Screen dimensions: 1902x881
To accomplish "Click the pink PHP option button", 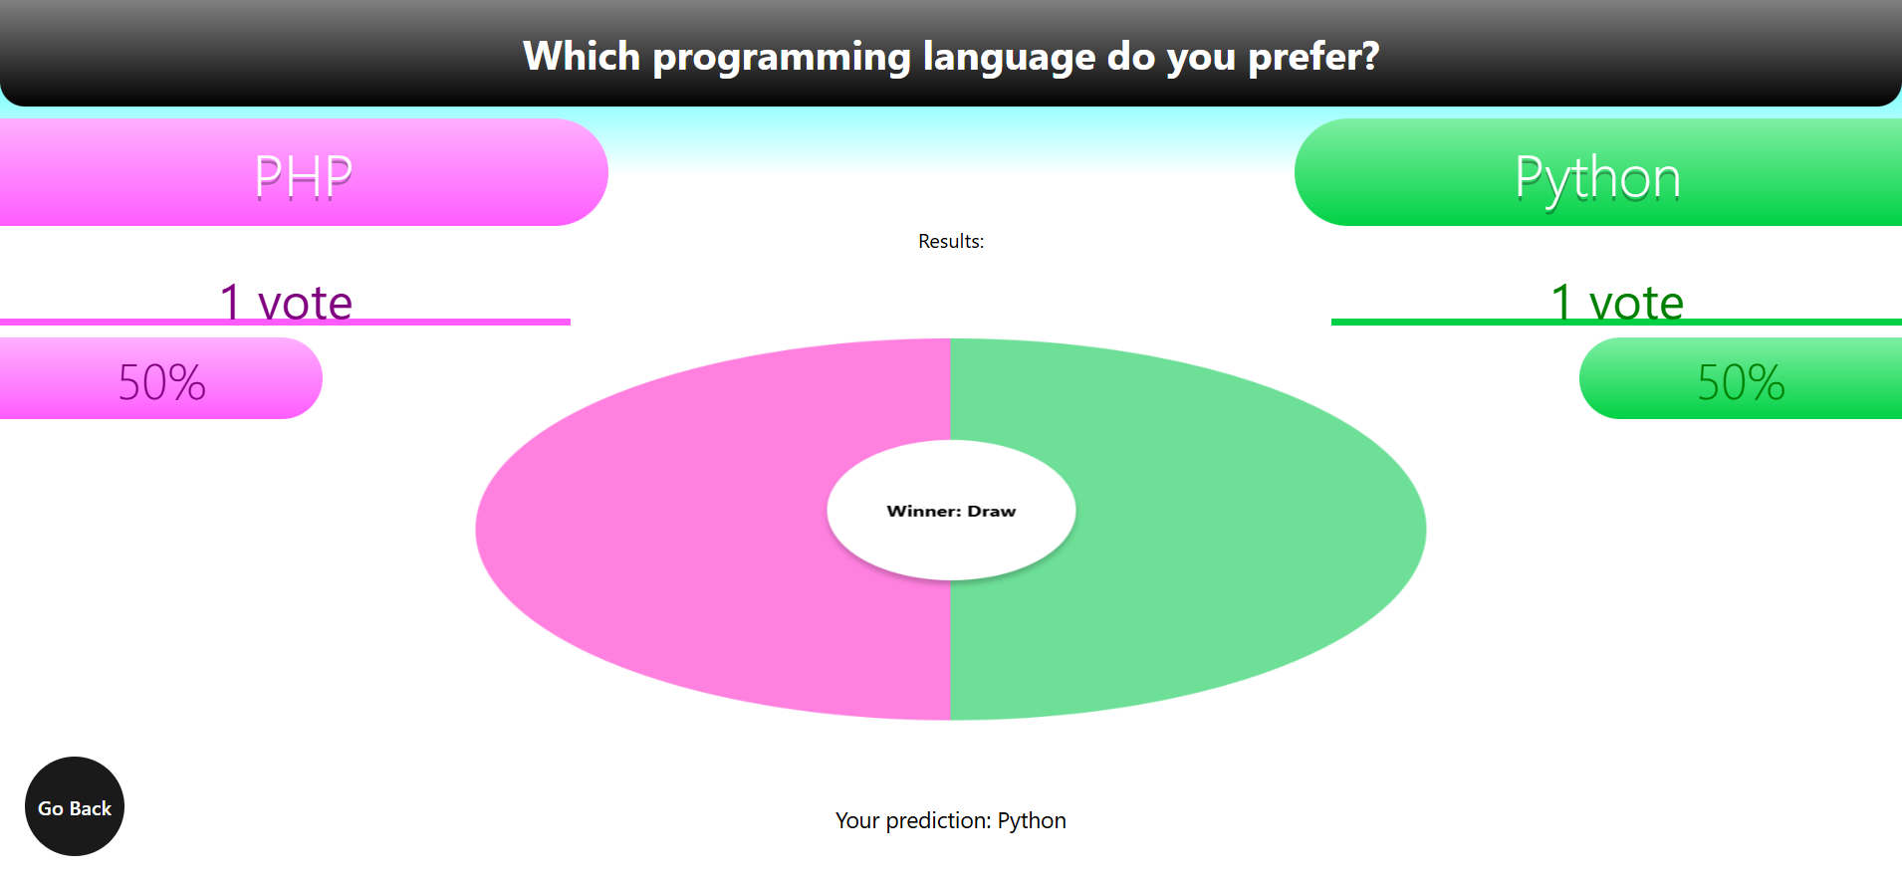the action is point(304,172).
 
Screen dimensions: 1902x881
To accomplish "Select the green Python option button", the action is point(1598,172).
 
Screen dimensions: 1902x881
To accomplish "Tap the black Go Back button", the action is point(75,806).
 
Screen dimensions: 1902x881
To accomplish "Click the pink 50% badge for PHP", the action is point(161,378).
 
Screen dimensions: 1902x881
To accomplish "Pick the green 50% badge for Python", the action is point(1741,378).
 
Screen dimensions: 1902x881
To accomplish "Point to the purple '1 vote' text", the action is point(286,302).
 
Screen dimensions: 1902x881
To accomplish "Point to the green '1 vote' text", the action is point(1617,302).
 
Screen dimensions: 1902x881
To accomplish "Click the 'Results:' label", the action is point(951,241).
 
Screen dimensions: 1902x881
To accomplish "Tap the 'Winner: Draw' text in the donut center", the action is point(951,511).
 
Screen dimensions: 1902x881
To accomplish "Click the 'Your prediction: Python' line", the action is point(951,820).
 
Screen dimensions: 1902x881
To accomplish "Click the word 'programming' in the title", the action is point(782,58).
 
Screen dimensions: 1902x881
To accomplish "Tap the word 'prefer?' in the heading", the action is point(1313,58).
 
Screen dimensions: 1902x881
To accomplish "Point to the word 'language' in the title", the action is point(1009,58).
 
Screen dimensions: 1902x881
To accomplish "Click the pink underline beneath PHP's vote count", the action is point(285,322).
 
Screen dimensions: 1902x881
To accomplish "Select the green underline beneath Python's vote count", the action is point(1616,322).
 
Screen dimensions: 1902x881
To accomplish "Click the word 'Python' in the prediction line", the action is point(1032,821).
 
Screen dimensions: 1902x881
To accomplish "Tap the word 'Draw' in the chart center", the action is point(992,511).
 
